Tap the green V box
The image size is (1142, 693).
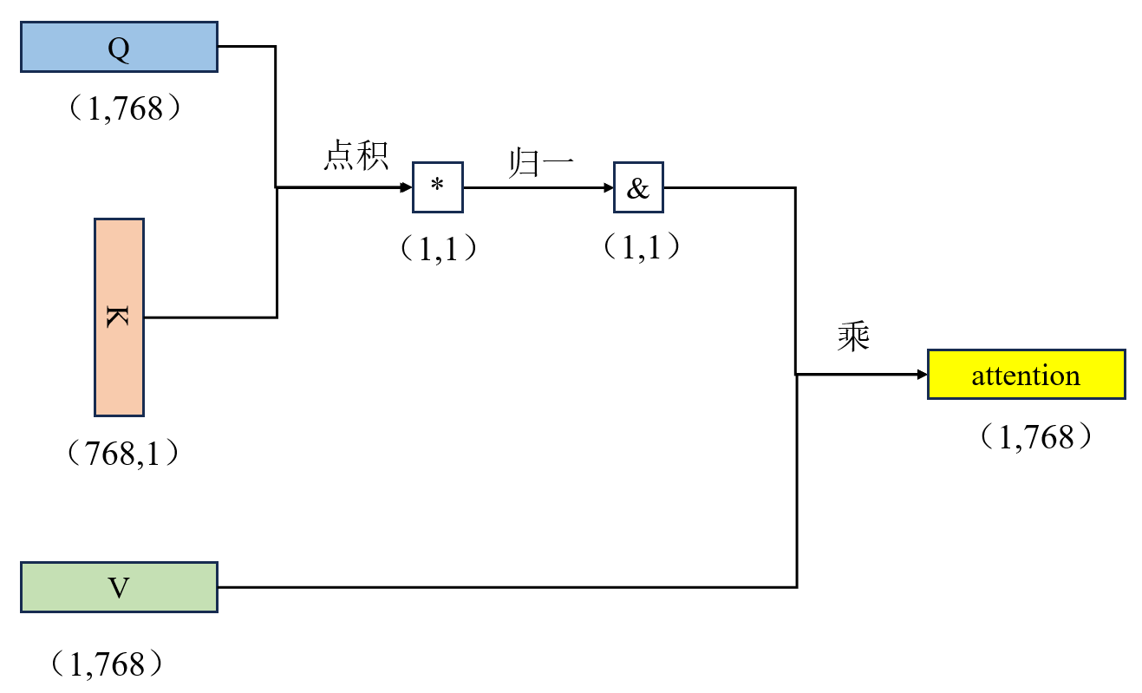[x=119, y=587]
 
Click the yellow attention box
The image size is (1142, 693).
[x=1026, y=374]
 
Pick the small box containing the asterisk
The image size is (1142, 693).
[x=437, y=187]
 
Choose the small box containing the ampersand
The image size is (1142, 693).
[x=638, y=187]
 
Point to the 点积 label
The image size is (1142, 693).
[x=356, y=156]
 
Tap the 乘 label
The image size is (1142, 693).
[x=853, y=337]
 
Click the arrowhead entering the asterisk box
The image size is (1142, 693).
[x=406, y=187]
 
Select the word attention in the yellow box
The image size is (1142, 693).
[x=1026, y=376]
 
